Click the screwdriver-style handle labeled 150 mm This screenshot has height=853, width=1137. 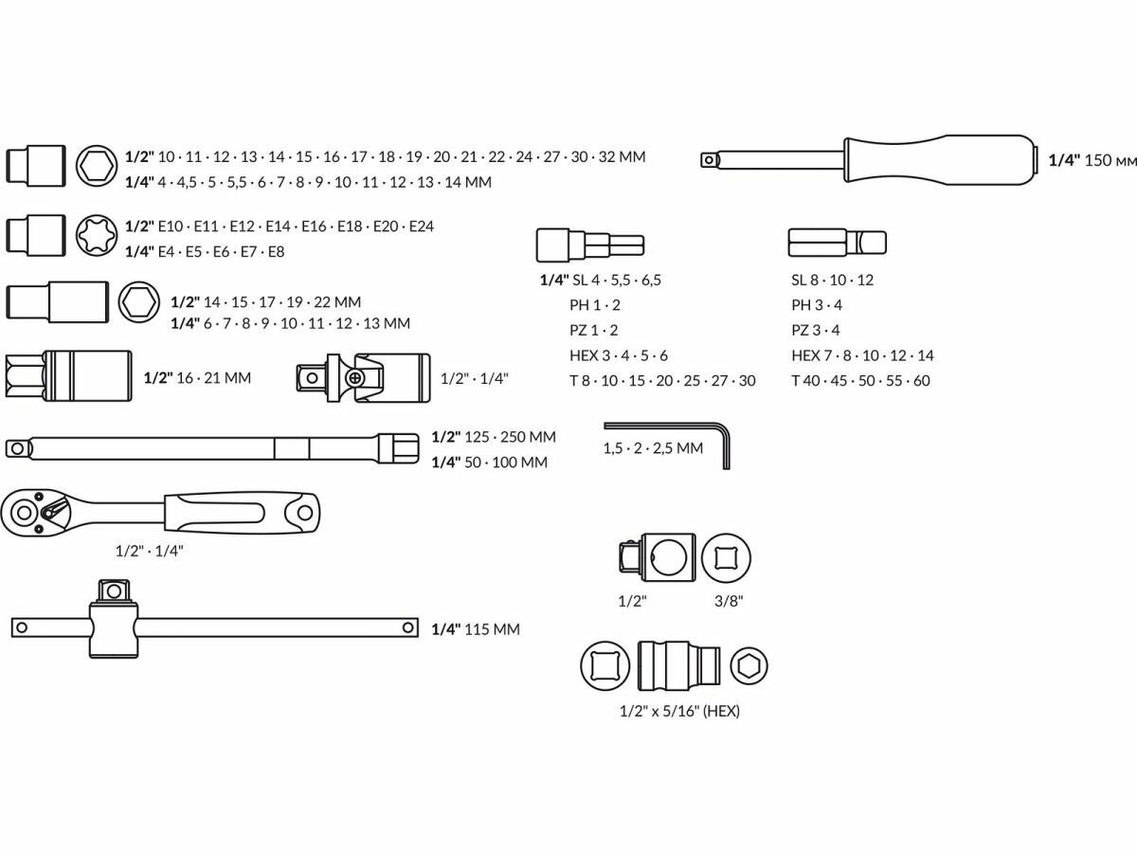tap(938, 159)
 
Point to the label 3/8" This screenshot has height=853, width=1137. tap(728, 600)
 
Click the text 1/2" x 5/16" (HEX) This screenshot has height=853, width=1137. tap(678, 711)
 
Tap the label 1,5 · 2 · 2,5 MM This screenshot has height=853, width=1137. tap(653, 448)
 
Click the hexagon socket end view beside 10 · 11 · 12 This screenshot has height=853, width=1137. tap(96, 167)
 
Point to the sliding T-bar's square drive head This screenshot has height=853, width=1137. tap(114, 590)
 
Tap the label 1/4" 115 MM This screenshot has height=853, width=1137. tap(475, 628)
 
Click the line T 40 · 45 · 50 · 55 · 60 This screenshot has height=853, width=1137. tap(860, 380)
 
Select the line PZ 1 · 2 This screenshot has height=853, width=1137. tap(593, 330)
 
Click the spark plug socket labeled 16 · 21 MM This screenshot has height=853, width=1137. tap(68, 376)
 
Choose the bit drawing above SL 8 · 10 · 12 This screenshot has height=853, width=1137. tap(838, 243)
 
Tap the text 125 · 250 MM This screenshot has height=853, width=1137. tap(511, 437)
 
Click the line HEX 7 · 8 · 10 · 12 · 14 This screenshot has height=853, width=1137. tap(862, 355)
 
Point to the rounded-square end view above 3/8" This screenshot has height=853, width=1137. tap(727, 558)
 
